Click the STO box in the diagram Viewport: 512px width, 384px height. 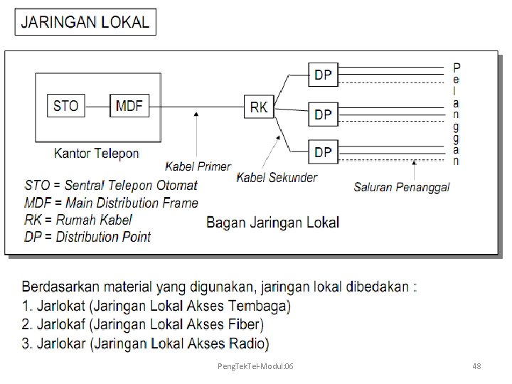coord(66,107)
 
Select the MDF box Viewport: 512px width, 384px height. coord(129,107)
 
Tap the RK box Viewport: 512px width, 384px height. coord(259,107)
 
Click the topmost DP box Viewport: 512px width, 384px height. coord(323,74)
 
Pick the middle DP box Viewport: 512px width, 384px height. coord(323,113)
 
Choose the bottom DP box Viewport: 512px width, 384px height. coord(323,151)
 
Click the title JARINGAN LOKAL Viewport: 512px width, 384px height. coord(85,21)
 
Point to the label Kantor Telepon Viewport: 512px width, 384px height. coord(97,152)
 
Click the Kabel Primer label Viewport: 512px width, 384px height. coord(198,166)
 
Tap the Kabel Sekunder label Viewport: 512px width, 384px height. coord(277,177)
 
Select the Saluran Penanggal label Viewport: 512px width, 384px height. coord(402,188)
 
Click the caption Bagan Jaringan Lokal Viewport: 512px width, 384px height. coord(272,222)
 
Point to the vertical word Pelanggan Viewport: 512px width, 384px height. coord(456,114)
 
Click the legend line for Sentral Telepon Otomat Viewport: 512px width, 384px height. coord(111,186)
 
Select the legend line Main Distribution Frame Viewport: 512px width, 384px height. coord(112,203)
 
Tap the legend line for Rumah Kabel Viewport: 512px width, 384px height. coord(78,220)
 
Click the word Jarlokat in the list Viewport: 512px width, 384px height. coord(60,306)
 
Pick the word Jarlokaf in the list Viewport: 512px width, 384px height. coord(60,325)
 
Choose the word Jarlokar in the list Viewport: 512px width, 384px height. coord(60,344)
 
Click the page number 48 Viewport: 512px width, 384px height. coord(476,366)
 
